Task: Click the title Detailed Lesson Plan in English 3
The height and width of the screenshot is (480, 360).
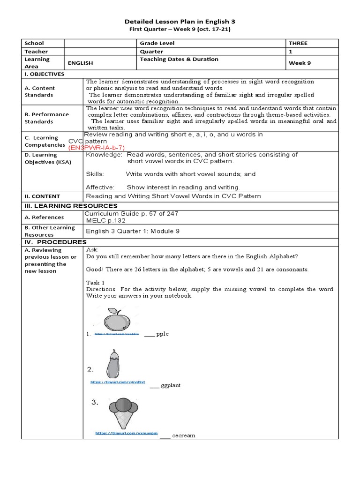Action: pyautogui.click(x=180, y=22)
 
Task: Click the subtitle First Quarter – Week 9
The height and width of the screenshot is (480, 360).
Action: pyautogui.click(x=180, y=29)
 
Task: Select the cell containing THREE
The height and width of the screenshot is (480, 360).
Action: pyautogui.click(x=299, y=43)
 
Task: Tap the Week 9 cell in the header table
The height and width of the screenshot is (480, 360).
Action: pyautogui.click(x=300, y=63)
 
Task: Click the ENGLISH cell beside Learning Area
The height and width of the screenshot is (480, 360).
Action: pyautogui.click(x=80, y=63)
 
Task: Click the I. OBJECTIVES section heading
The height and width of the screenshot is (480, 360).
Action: pyautogui.click(x=45, y=74)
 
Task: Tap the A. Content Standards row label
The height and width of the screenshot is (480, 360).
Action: pyautogui.click(x=40, y=91)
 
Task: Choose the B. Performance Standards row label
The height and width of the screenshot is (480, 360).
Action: pyautogui.click(x=46, y=118)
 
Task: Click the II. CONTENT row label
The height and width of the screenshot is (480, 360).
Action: pyautogui.click(x=42, y=196)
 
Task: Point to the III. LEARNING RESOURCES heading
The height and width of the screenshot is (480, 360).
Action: pyautogui.click(x=71, y=206)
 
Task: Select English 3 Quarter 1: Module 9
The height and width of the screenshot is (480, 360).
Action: pyautogui.click(x=133, y=231)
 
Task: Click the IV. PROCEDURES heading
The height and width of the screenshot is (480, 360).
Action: pyautogui.click(x=55, y=242)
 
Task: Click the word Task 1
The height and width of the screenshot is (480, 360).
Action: pyautogui.click(x=95, y=283)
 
